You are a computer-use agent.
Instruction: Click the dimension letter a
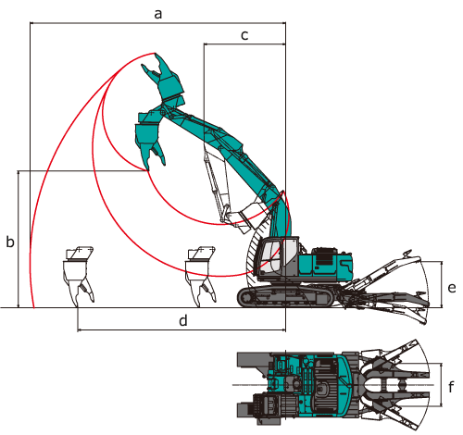click(x=158, y=14)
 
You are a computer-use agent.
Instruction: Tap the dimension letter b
click(x=10, y=242)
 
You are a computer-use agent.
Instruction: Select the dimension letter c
click(x=244, y=35)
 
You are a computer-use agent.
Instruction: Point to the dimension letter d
click(x=183, y=320)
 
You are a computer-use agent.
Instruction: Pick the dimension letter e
click(x=452, y=288)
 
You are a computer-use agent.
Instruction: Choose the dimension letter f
click(x=451, y=386)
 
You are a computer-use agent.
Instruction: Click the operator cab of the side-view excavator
click(x=278, y=256)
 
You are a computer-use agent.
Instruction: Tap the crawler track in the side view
click(x=285, y=297)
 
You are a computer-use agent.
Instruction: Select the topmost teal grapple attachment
click(x=164, y=80)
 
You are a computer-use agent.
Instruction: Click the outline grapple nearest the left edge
click(x=79, y=276)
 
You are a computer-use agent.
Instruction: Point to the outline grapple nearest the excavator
click(x=200, y=276)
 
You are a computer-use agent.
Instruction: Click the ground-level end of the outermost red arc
click(x=33, y=307)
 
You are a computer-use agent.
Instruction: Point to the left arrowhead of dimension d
click(x=79, y=330)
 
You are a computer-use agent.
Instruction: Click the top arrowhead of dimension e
click(x=442, y=263)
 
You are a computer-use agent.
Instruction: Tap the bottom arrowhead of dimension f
click(x=442, y=404)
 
